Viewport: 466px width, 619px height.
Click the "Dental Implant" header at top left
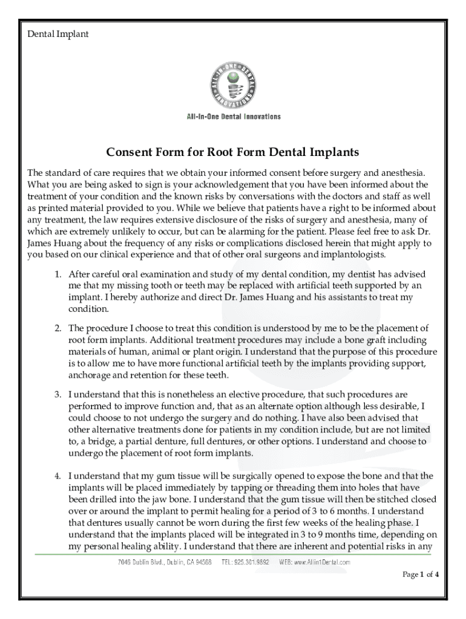[x=58, y=34]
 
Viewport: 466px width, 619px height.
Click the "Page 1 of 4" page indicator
[x=421, y=575]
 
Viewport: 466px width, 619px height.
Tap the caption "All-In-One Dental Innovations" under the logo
[x=233, y=117]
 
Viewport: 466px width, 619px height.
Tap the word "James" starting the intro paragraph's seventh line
[x=41, y=243]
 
